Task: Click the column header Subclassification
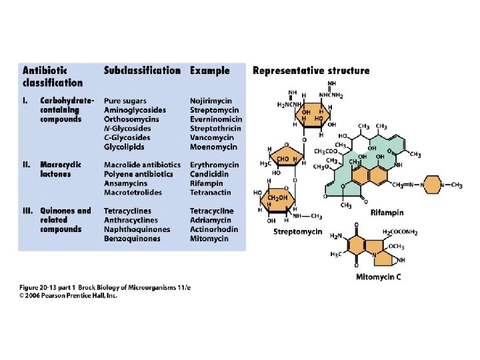point(142,70)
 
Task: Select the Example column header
point(209,70)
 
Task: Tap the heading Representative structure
point(311,71)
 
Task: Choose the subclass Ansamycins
point(126,183)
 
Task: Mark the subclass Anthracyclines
point(131,220)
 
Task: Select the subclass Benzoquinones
point(132,239)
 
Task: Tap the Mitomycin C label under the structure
point(378,276)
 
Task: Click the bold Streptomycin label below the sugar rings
point(298,232)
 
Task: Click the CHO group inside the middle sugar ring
point(282,159)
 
